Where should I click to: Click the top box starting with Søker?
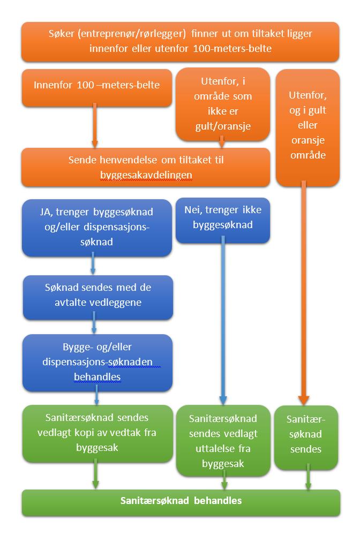[180, 42]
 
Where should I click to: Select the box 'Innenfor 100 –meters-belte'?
[97, 88]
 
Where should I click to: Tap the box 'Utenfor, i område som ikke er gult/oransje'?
[223, 104]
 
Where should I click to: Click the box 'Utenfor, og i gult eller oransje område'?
[307, 127]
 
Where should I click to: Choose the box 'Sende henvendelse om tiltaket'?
[146, 167]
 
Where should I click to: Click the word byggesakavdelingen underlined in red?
[146, 175]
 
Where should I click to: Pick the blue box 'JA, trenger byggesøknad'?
[97, 228]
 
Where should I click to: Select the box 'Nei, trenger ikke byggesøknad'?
[223, 220]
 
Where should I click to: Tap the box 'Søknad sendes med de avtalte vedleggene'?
[97, 297]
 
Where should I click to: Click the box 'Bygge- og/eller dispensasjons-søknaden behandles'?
[97, 363]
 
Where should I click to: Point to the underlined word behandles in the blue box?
[97, 377]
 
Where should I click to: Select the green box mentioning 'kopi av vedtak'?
[97, 433]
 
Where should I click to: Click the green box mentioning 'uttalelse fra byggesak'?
[223, 440]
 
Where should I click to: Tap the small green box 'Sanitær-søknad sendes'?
[306, 437]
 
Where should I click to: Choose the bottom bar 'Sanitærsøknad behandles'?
[181, 503]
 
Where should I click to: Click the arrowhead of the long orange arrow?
[303, 400]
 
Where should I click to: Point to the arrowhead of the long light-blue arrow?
[223, 400]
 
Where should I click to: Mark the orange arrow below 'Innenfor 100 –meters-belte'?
[95, 125]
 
